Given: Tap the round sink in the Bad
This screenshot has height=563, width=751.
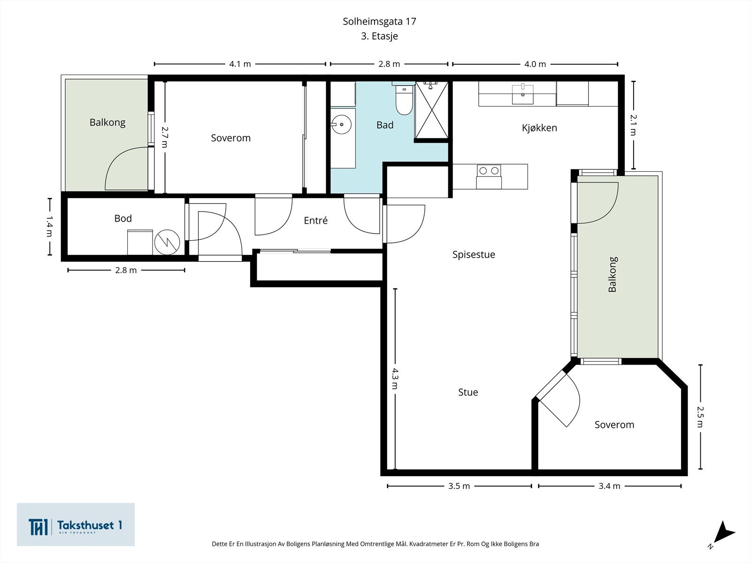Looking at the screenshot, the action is click(x=341, y=124).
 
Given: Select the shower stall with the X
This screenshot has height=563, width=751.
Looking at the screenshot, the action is click(x=431, y=110).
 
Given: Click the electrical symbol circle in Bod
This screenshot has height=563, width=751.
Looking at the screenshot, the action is click(x=167, y=242).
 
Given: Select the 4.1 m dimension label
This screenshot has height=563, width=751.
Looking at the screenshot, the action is click(x=240, y=64).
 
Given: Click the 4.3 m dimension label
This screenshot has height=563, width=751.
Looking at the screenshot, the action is click(x=395, y=379).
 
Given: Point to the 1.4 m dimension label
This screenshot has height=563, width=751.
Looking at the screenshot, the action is click(x=50, y=227).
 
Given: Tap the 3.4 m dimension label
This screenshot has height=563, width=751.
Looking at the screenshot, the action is click(x=609, y=486).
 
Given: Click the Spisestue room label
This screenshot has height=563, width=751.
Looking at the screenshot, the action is click(x=474, y=255).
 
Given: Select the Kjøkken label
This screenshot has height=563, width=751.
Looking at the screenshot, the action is click(x=540, y=128).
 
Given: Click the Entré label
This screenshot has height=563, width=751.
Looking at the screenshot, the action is click(x=315, y=221).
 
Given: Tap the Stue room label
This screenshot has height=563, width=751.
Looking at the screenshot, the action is click(x=468, y=392).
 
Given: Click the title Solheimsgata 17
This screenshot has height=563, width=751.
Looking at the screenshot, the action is click(x=379, y=22).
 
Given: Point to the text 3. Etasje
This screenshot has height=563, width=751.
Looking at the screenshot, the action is click(x=379, y=36).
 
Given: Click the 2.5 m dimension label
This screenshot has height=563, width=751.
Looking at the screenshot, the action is click(x=700, y=417).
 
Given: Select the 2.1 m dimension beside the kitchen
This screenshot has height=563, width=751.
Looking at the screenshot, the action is click(x=633, y=125).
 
